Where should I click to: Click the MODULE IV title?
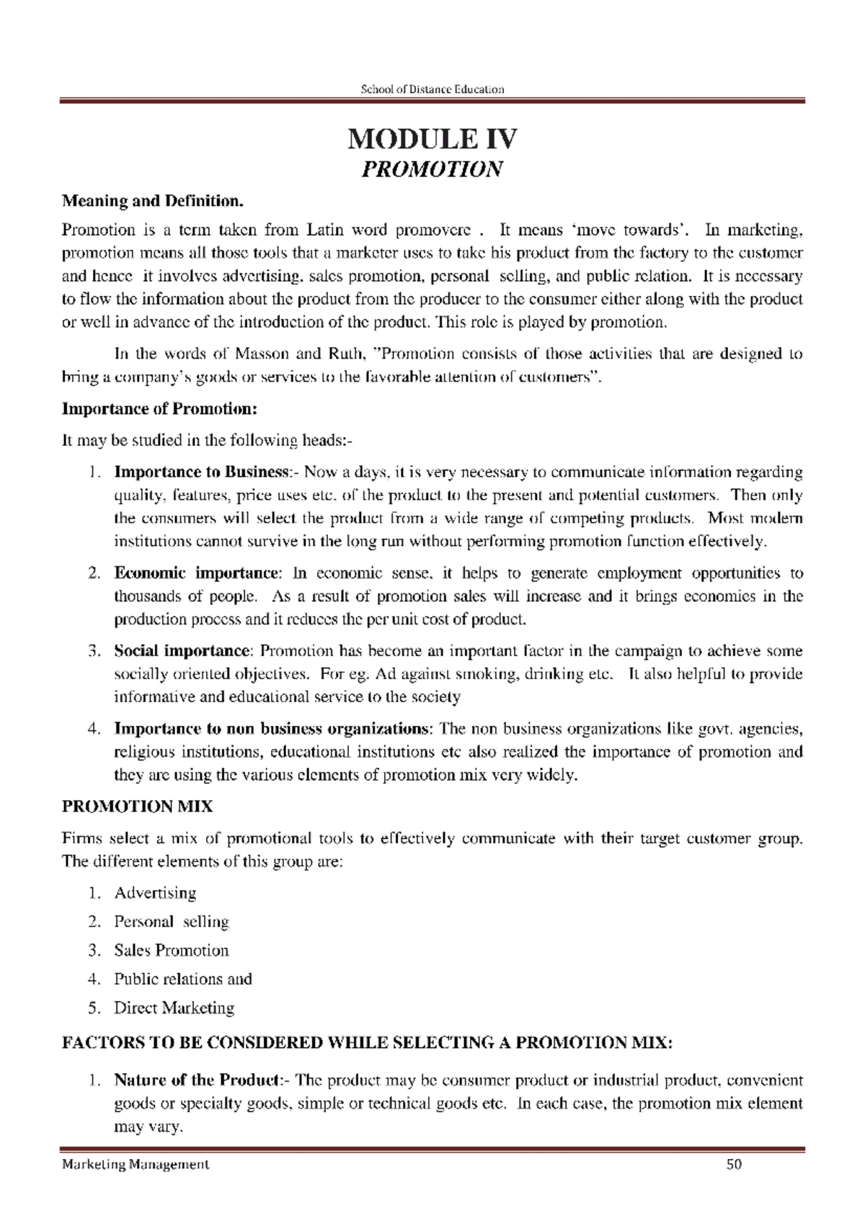432,139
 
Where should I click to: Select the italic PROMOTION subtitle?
432,170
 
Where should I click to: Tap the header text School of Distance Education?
432,89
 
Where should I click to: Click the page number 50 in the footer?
735,1165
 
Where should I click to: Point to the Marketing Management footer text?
136,1165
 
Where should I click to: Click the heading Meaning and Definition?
153,200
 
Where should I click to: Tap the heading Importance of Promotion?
159,409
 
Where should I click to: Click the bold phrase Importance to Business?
201,472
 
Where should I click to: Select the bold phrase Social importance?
181,651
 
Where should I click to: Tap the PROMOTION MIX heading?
137,807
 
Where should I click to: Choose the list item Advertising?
155,893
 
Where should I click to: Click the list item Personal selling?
171,922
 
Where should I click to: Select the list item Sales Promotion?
171,951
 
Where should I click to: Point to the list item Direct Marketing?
174,1008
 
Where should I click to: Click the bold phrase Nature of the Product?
198,1080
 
